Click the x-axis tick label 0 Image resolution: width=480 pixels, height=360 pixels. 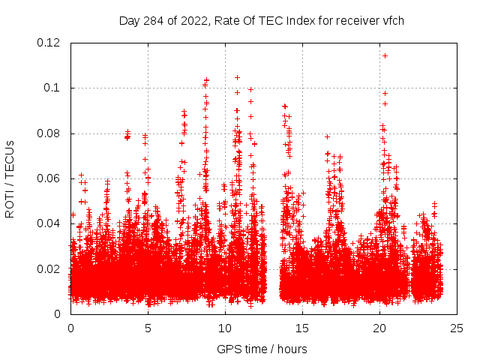point(70,328)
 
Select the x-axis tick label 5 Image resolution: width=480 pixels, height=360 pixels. point(148,328)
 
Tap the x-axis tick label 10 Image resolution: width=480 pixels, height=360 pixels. point(225,328)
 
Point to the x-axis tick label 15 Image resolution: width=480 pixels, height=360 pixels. point(302,328)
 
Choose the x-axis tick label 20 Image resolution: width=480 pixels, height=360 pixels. point(379,328)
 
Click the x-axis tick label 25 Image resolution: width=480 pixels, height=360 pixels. point(457,328)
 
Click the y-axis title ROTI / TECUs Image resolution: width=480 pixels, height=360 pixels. point(10,178)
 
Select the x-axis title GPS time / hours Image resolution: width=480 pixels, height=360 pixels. point(262,349)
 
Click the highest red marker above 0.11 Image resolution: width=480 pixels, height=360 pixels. point(385,55)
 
